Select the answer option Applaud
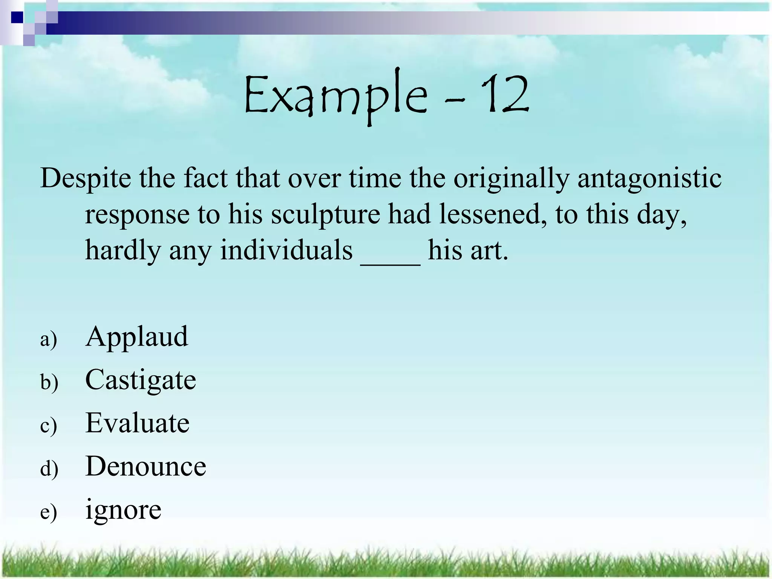tap(136, 336)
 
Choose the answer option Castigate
tap(141, 380)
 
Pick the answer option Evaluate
tap(137, 423)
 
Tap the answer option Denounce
tap(146, 466)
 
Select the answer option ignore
tap(123, 510)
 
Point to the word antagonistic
tap(649, 178)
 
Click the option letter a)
tap(49, 339)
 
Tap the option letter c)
tap(49, 426)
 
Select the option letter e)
tap(49, 512)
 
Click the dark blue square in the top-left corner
tap(17, 17)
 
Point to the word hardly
tap(123, 251)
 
